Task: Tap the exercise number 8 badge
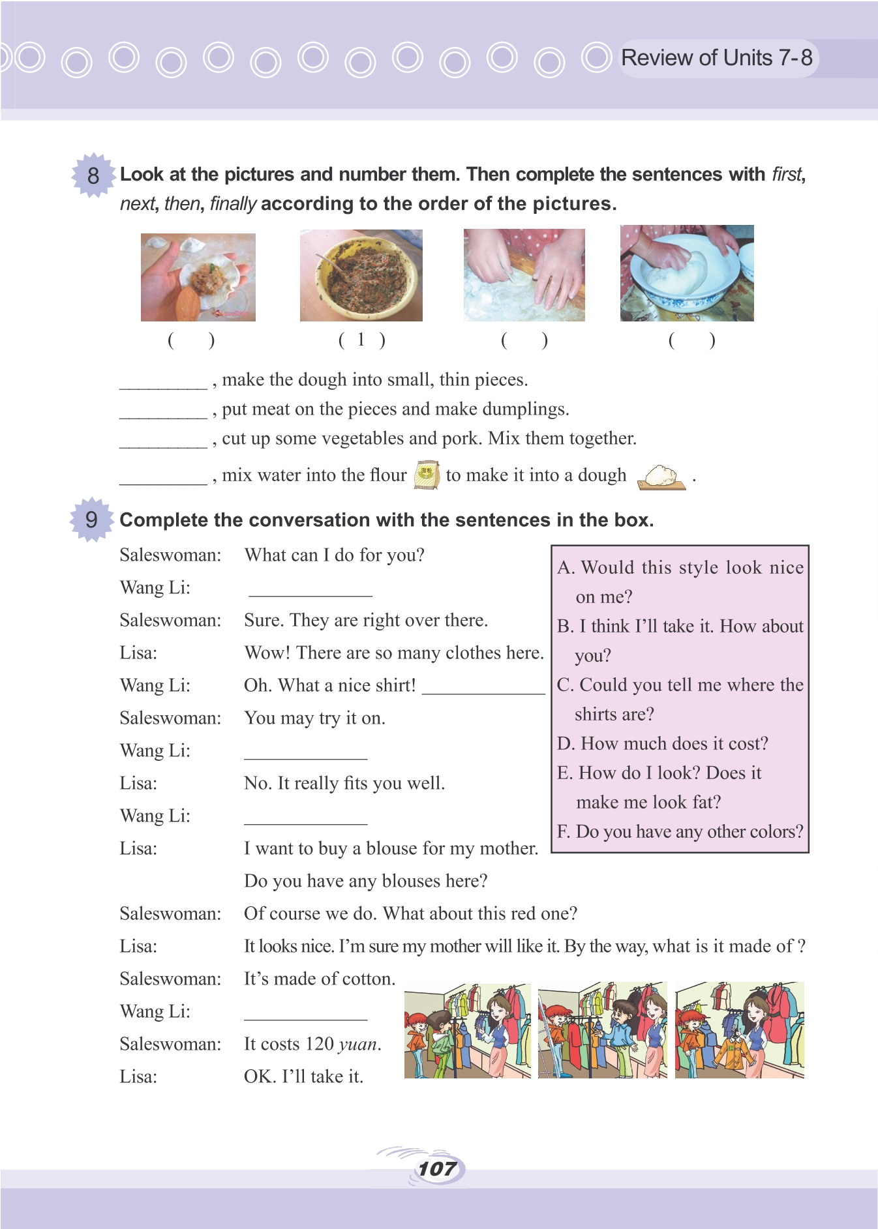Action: [93, 175]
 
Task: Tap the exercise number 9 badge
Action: [91, 520]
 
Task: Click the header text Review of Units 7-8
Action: [716, 58]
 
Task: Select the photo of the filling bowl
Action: [361, 275]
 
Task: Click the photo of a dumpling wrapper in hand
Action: [198, 277]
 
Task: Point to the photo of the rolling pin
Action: [524, 275]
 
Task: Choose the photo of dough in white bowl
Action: [686, 273]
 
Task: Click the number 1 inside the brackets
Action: [361, 340]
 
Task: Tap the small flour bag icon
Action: [426, 474]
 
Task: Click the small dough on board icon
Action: [661, 477]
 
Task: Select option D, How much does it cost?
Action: [662, 743]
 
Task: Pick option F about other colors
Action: [680, 831]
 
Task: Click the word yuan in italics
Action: [357, 1044]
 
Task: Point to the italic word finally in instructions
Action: [233, 204]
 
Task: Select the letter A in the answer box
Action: [565, 568]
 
